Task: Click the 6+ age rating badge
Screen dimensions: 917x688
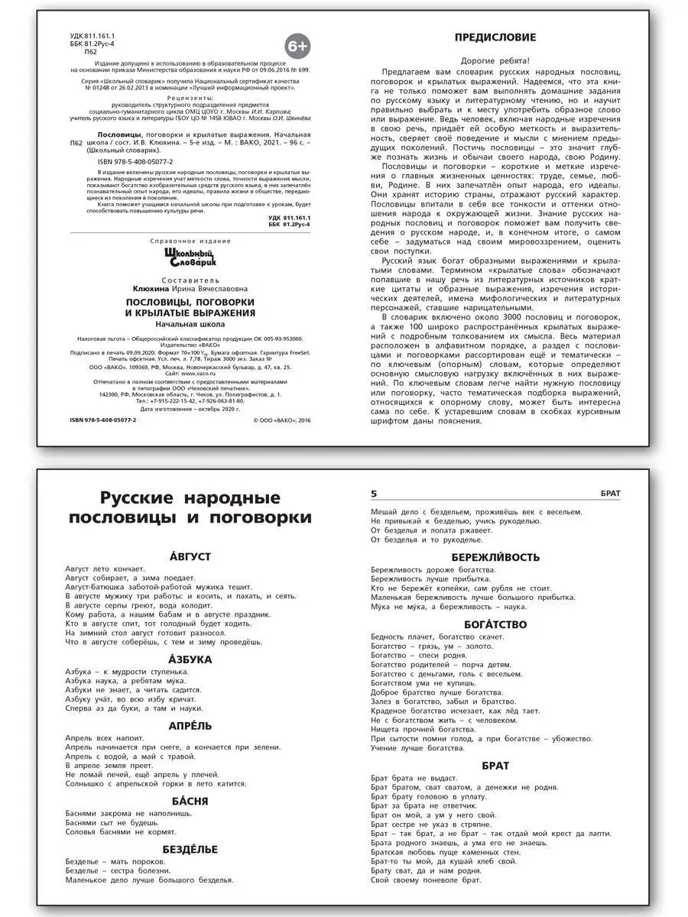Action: click(x=298, y=46)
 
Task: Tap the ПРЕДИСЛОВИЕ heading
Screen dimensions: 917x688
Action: click(x=495, y=37)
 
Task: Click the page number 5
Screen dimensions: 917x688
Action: click(x=374, y=493)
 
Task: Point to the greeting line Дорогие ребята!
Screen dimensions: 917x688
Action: click(x=495, y=60)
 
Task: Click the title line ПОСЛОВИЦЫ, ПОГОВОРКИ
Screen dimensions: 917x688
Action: click(x=190, y=302)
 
